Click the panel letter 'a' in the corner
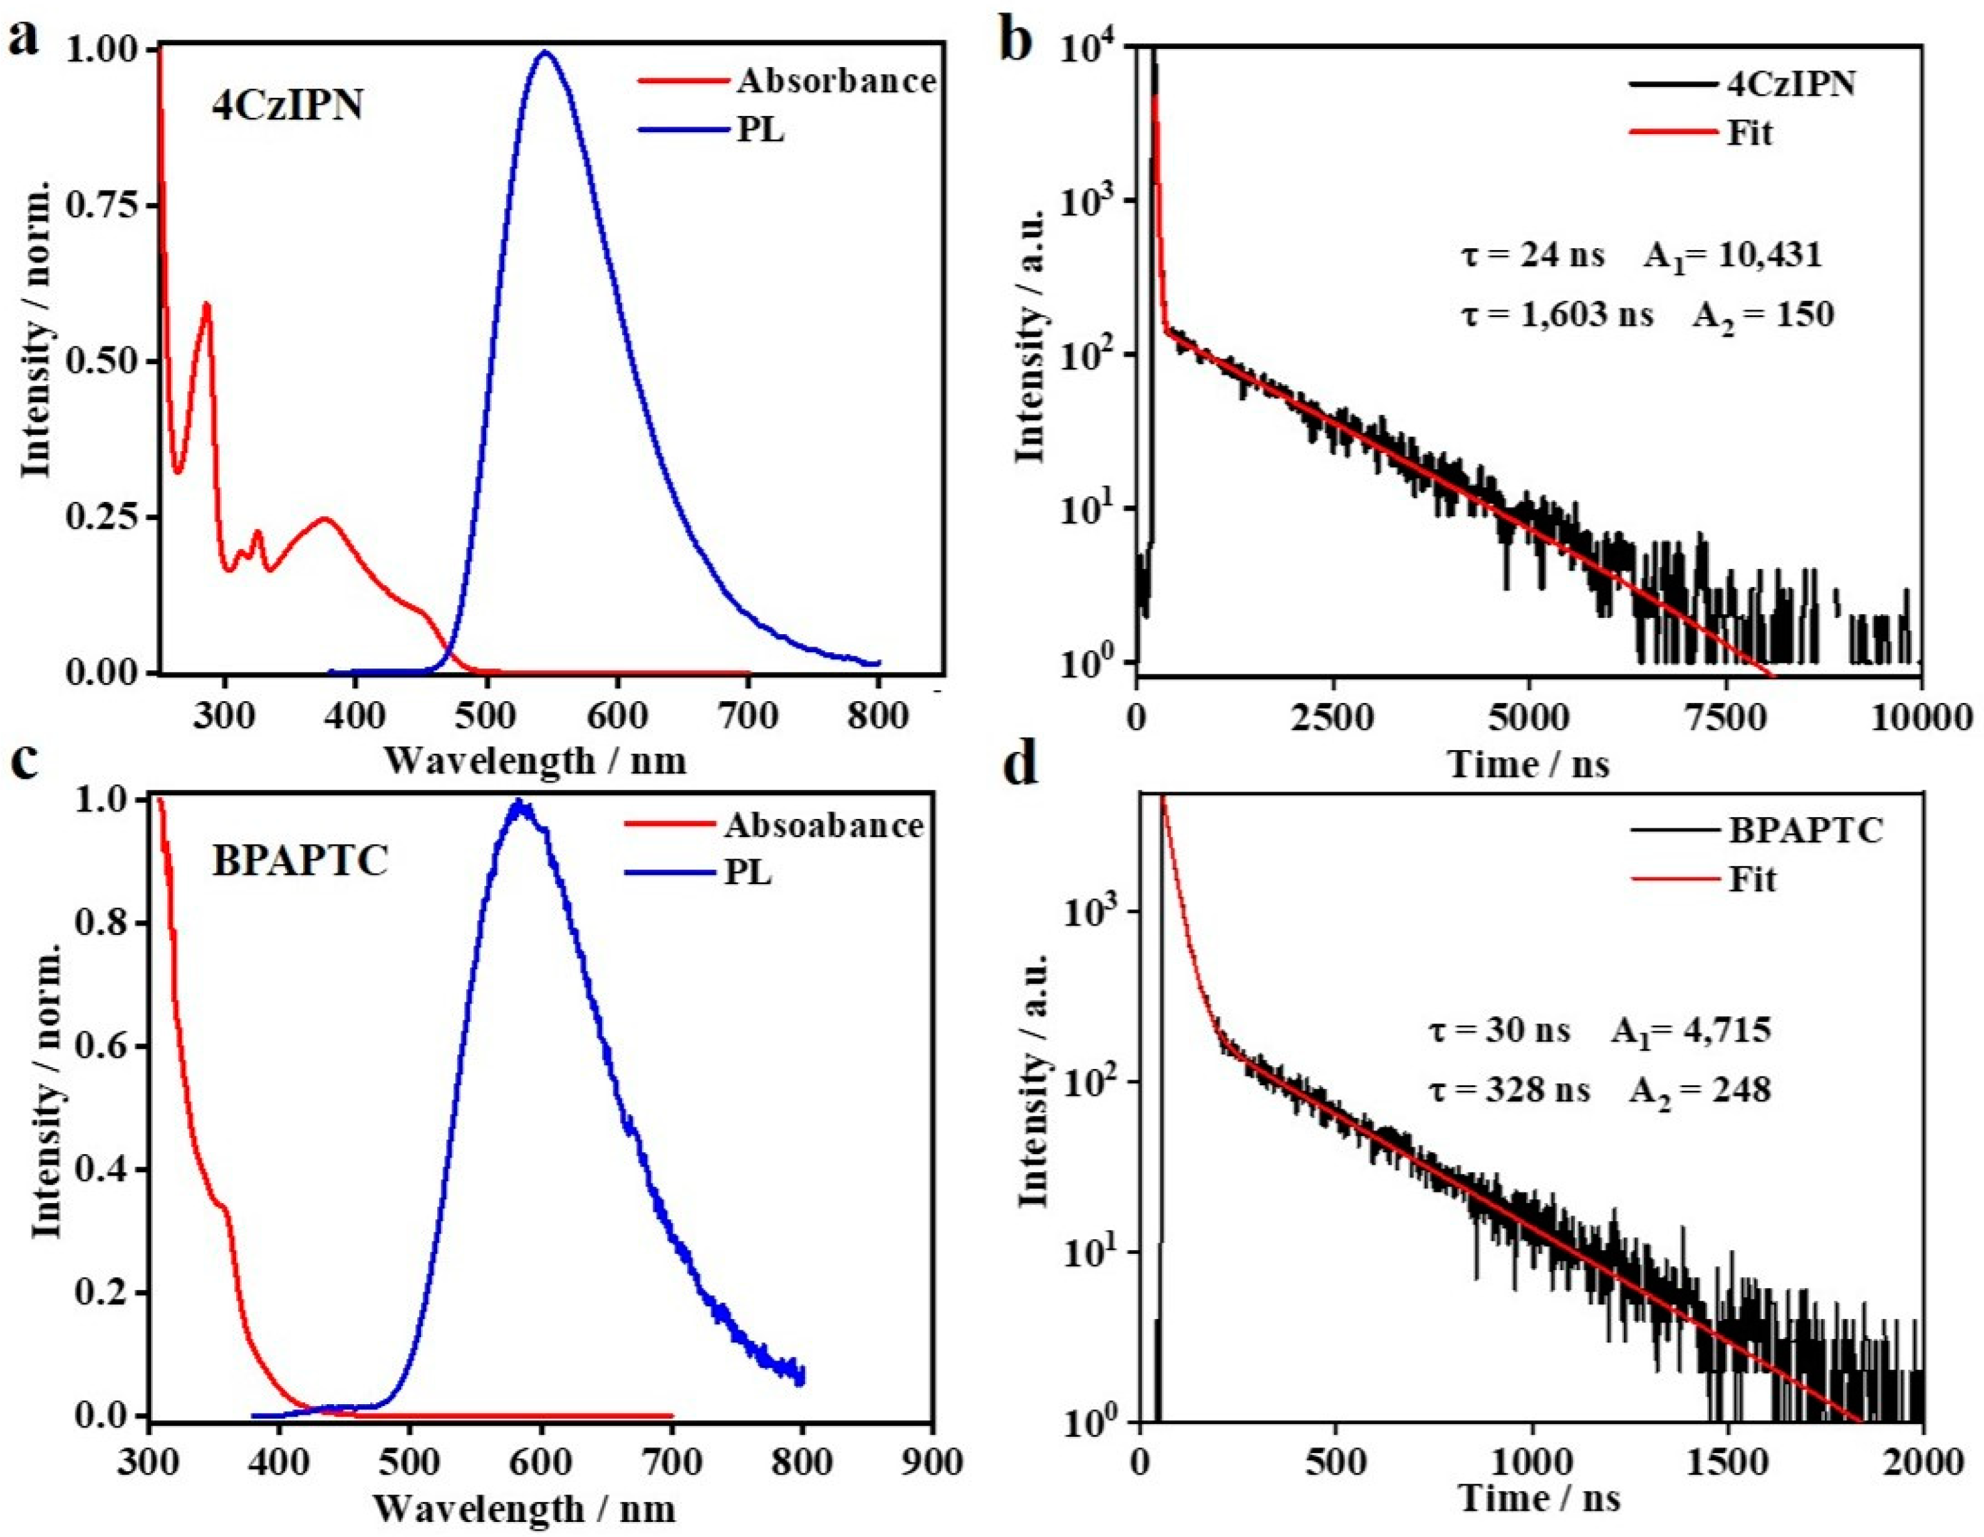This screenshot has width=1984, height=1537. (24, 41)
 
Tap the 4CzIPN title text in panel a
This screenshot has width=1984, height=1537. (287, 107)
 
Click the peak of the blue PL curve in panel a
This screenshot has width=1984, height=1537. (545, 52)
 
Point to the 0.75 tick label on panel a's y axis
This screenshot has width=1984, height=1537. (106, 206)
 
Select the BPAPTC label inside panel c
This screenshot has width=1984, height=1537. (300, 861)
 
